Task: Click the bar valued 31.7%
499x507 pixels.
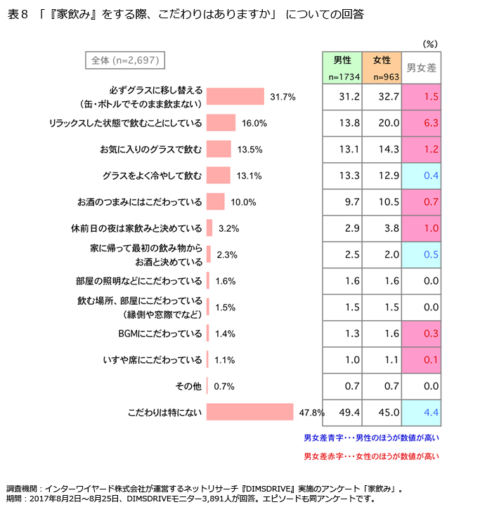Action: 235,96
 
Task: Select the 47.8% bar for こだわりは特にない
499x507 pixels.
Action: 249,412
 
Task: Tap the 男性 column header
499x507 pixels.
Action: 343,67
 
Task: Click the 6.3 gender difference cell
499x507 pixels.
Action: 422,122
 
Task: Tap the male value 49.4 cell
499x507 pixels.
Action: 343,412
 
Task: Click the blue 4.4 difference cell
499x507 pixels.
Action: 422,412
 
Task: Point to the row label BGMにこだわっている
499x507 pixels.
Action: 160,334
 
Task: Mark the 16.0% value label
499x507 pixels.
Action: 254,123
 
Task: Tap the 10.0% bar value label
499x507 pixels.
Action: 243,202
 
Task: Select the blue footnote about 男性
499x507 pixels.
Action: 371,437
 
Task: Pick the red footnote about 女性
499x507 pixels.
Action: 371,456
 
